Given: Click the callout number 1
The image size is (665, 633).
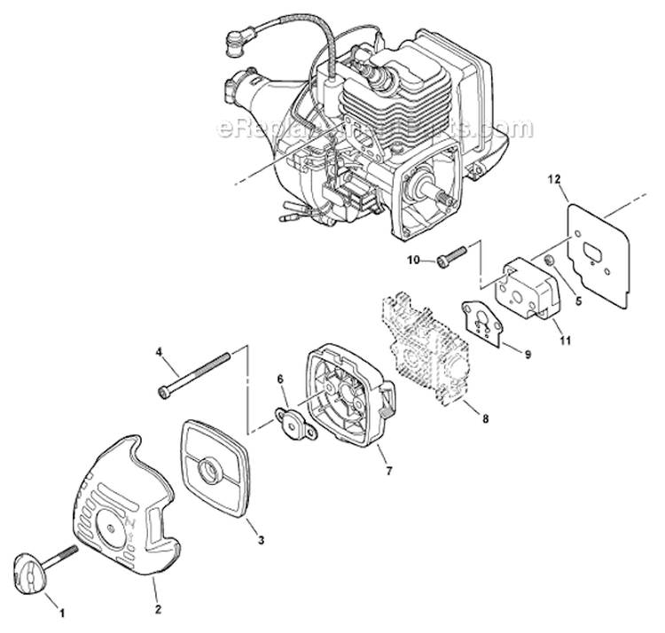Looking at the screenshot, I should (x=60, y=612).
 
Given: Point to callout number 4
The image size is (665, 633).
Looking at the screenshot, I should (x=159, y=352).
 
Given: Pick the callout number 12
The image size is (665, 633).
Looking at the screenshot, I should (x=554, y=180).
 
